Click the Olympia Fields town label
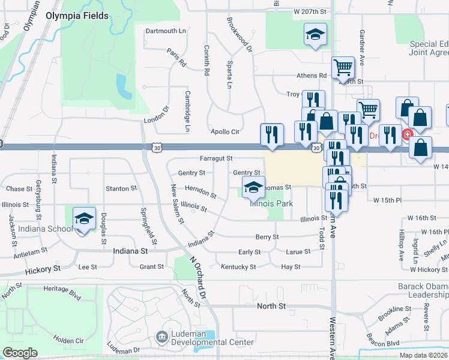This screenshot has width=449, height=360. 77,16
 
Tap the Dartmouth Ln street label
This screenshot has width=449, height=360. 166,31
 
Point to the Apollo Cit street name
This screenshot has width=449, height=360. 224,131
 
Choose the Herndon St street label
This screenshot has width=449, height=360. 200,191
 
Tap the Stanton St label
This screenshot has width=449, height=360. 121,188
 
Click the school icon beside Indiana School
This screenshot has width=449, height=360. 84,220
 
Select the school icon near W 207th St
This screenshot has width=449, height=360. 315,35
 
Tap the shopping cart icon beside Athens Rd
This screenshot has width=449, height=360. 343,68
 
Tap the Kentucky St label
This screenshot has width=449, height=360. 238,266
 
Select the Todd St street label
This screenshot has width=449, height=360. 322,236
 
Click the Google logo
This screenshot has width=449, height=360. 20,353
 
